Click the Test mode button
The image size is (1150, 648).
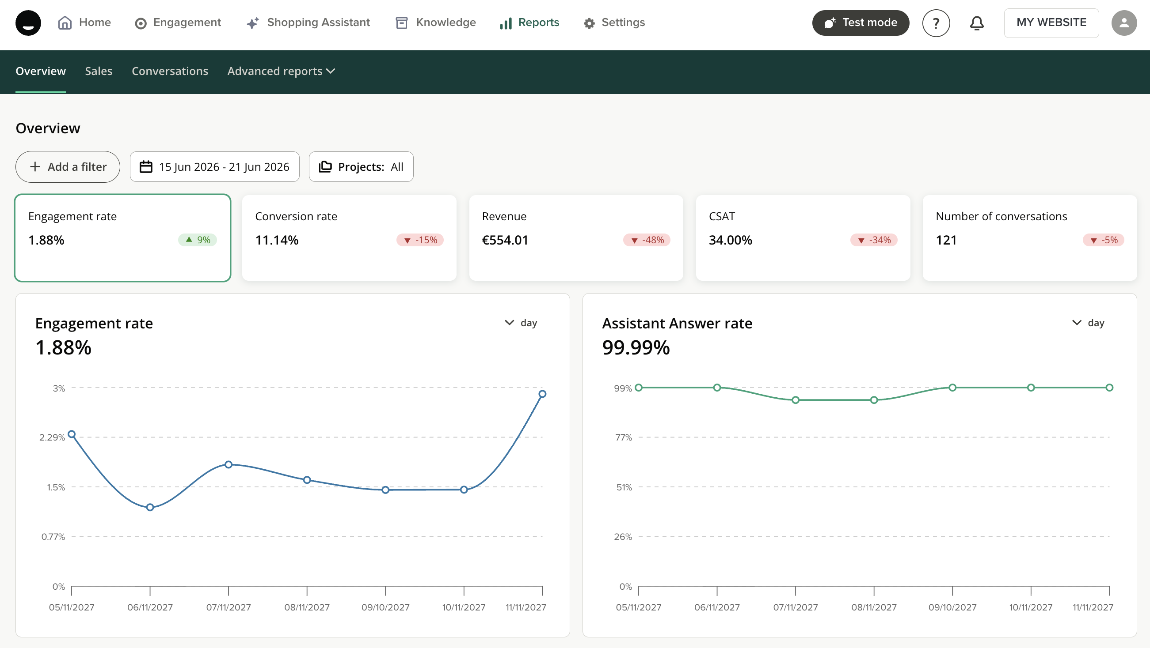(860, 23)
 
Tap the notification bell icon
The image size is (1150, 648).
(977, 23)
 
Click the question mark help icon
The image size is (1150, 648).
(936, 23)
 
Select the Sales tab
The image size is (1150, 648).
(99, 71)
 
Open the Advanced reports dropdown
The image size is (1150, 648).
(281, 71)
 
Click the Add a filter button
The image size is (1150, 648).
(68, 167)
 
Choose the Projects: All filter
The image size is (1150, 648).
(361, 167)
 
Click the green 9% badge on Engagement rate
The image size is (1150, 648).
(197, 240)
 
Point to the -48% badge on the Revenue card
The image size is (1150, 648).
(647, 240)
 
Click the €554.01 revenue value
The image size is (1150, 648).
(505, 240)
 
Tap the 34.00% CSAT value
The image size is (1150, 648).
(731, 240)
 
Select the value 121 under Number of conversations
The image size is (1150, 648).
(946, 240)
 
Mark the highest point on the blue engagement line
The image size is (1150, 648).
(542, 394)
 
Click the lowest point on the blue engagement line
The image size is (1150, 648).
(150, 507)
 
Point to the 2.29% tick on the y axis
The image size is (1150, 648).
(52, 437)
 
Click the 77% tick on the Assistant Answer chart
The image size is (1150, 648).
(624, 437)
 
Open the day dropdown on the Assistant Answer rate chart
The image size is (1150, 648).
(1089, 323)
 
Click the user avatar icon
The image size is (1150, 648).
(1124, 23)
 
